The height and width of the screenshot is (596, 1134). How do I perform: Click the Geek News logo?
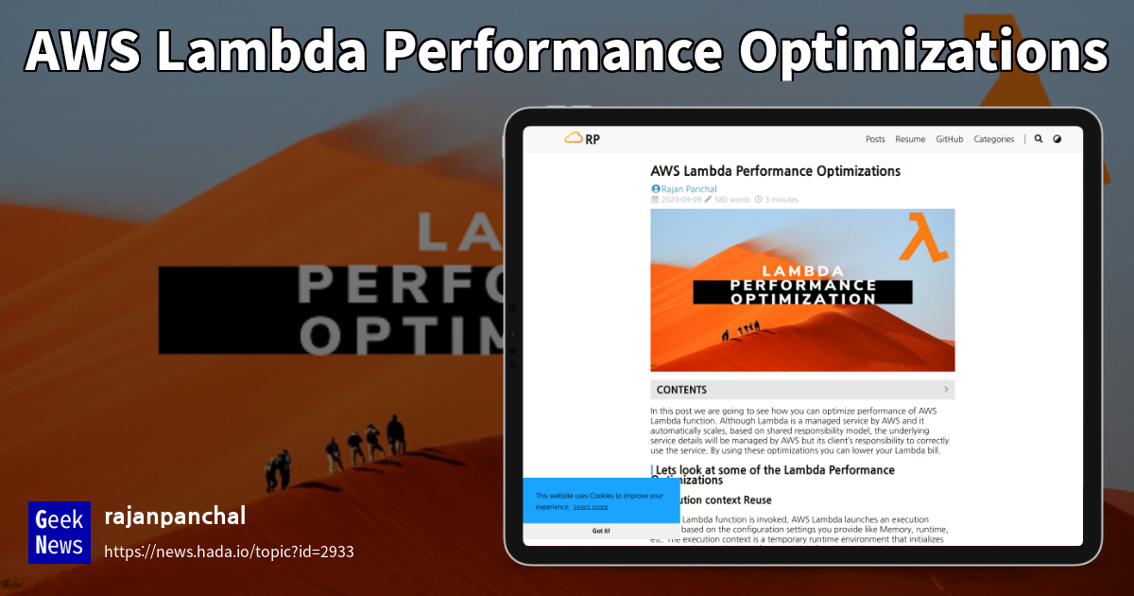(x=59, y=532)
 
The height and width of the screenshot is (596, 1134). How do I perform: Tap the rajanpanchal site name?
(x=174, y=517)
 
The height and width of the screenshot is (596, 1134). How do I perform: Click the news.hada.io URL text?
(x=228, y=552)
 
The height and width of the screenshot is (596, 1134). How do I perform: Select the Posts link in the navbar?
(x=875, y=139)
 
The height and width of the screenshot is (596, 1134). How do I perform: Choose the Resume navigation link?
(x=910, y=139)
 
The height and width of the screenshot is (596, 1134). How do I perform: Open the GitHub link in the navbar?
(x=950, y=139)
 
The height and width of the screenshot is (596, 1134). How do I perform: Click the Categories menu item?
(x=993, y=139)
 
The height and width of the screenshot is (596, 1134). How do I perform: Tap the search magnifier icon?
(x=1039, y=139)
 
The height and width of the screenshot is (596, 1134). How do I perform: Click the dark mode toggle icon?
(x=1057, y=139)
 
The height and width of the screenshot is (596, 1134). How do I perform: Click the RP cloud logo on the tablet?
(x=581, y=139)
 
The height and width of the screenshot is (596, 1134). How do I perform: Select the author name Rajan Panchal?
(x=688, y=189)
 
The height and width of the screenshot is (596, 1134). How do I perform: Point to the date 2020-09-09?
(x=681, y=200)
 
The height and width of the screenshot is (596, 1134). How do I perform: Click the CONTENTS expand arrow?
(x=946, y=389)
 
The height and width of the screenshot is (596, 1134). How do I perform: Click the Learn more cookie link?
(x=591, y=507)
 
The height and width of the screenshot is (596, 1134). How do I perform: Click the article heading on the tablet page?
(x=775, y=171)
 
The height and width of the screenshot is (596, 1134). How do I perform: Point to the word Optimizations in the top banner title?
(x=923, y=52)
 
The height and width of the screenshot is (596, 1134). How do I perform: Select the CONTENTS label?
(x=681, y=390)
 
